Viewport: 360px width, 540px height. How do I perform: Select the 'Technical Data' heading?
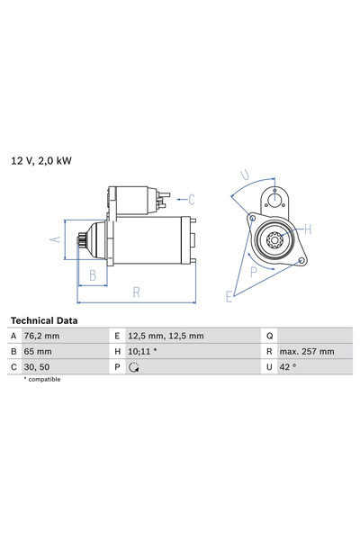tap(44, 320)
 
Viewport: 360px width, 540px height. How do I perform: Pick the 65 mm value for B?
tap(40, 351)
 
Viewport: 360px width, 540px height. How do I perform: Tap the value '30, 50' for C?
tap(40, 366)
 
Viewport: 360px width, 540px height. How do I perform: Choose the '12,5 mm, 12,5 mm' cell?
tap(166, 336)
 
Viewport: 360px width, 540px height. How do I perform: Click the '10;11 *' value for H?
tap(144, 351)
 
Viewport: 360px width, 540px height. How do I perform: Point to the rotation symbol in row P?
tap(134, 367)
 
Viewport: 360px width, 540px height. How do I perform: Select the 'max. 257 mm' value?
tap(306, 351)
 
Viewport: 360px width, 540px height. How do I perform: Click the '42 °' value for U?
tap(286, 366)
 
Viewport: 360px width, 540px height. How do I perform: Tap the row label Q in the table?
tap(268, 336)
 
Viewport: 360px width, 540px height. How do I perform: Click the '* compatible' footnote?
tap(41, 380)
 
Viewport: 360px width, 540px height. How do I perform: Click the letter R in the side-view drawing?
tap(136, 292)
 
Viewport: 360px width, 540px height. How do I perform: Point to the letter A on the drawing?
tap(54, 239)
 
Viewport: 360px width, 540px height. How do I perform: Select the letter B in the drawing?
tap(92, 275)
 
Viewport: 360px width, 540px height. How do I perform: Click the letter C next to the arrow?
tap(192, 198)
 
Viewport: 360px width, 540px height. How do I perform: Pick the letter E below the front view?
tap(229, 295)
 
